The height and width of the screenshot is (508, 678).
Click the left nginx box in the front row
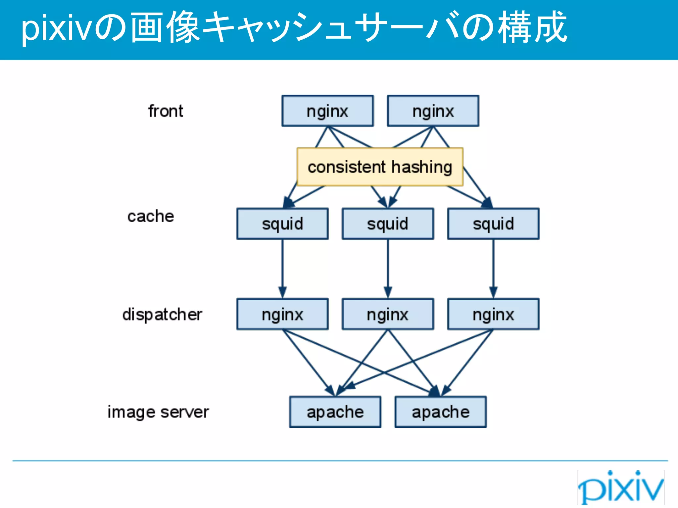pyautogui.click(x=327, y=111)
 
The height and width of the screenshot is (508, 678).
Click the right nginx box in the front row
pyautogui.click(x=433, y=111)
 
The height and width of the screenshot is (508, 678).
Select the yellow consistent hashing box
pyautogui.click(x=380, y=167)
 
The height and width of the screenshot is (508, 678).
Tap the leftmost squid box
pyautogui.click(x=282, y=224)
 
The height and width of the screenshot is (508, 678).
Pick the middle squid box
pyautogui.click(x=388, y=224)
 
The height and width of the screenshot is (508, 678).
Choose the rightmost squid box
pyautogui.click(x=493, y=224)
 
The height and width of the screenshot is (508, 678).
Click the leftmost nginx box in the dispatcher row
pyautogui.click(x=282, y=314)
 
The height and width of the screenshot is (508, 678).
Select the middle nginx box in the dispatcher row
pyautogui.click(x=388, y=314)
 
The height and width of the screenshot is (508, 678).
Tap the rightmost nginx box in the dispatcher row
pyautogui.click(x=493, y=314)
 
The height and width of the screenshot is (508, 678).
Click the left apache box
pyautogui.click(x=335, y=412)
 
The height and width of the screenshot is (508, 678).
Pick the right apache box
pyautogui.click(x=441, y=412)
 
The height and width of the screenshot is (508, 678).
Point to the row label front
pyautogui.click(x=166, y=111)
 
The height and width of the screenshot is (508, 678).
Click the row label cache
pyautogui.click(x=151, y=217)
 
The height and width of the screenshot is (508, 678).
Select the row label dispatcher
pyautogui.click(x=162, y=314)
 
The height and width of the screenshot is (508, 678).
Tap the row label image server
pyautogui.click(x=158, y=412)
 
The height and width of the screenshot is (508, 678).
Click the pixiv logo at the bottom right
pyautogui.click(x=621, y=487)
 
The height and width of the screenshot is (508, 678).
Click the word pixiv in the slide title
pyautogui.click(x=56, y=28)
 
